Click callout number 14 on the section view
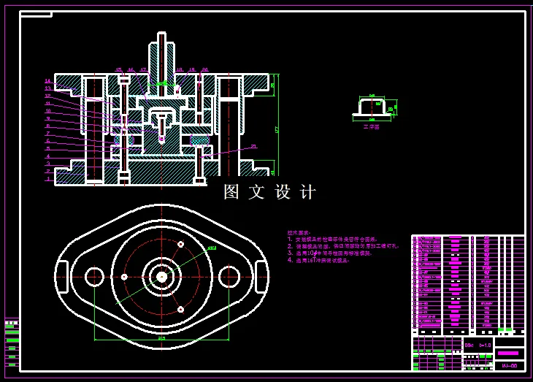pyautogui.click(x=47, y=81)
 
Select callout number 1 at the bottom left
pyautogui.click(x=48, y=179)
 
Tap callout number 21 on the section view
pyautogui.click(x=253, y=146)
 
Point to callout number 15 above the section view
pyautogui.click(x=118, y=70)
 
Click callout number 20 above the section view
pyautogui.click(x=204, y=70)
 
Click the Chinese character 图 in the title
pyautogui.click(x=231, y=192)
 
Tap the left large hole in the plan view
pyautogui.click(x=94, y=277)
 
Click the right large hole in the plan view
pyautogui.click(x=229, y=277)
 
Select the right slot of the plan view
pyautogui.click(x=261, y=277)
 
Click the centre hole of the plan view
pyautogui.click(x=161, y=277)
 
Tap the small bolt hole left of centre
pyautogui.click(x=124, y=277)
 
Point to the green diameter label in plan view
pyautogui.click(x=212, y=248)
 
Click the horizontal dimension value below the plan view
pyautogui.click(x=161, y=338)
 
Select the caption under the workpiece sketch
pyautogui.click(x=371, y=126)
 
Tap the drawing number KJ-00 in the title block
pyautogui.click(x=509, y=366)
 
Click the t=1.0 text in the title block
pyautogui.click(x=486, y=345)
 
